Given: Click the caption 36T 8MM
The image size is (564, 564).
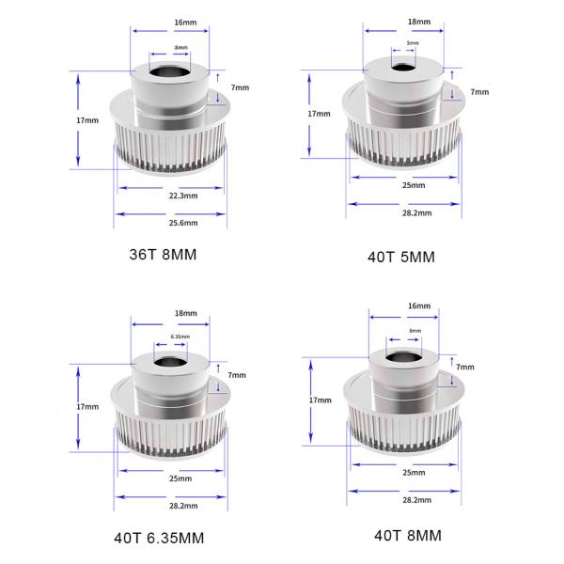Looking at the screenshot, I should point(167,254).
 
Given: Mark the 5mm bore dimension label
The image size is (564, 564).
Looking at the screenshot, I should point(413,43).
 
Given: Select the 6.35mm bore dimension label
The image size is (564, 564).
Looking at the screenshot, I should point(180,337).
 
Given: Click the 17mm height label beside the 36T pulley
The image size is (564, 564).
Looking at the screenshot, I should point(87,121).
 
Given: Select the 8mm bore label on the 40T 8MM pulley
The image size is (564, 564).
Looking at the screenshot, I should point(415,330).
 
